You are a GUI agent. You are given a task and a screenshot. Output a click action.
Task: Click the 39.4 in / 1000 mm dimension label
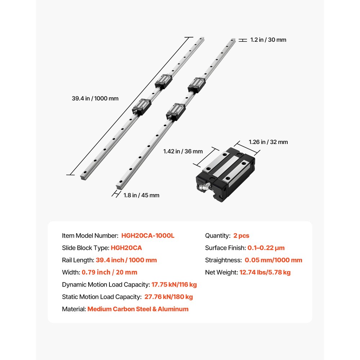coord(95,98)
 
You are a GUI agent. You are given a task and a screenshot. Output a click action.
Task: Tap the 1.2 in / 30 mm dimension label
coord(268,40)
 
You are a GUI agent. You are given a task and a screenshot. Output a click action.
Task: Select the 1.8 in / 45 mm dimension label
coord(141,195)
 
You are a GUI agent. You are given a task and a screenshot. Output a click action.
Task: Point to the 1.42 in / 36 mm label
coord(183,152)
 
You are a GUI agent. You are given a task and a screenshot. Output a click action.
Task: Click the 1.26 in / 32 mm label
coord(268,142)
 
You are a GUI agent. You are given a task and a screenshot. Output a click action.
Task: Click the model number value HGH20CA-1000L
coord(148,236)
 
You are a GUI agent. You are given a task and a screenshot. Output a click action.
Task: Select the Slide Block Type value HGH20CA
coord(126,248)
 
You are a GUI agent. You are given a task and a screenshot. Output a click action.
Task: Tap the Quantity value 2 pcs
coord(241,236)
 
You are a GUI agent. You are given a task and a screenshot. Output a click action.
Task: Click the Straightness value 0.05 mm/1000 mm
coord(273,260)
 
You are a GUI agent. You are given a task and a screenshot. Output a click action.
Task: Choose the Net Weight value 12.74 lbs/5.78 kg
coord(265,273)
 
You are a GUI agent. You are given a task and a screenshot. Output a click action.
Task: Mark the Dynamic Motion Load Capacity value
coord(174,285)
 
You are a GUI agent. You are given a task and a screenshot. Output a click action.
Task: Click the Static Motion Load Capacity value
coord(168,297)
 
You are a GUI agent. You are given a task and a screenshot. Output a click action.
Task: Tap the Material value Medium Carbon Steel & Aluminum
coord(138,309)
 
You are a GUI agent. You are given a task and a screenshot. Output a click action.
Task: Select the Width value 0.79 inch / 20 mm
coord(109,273)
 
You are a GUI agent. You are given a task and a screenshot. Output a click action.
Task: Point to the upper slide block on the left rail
coord(164,81)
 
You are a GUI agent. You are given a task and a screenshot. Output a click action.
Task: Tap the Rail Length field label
coord(78,260)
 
